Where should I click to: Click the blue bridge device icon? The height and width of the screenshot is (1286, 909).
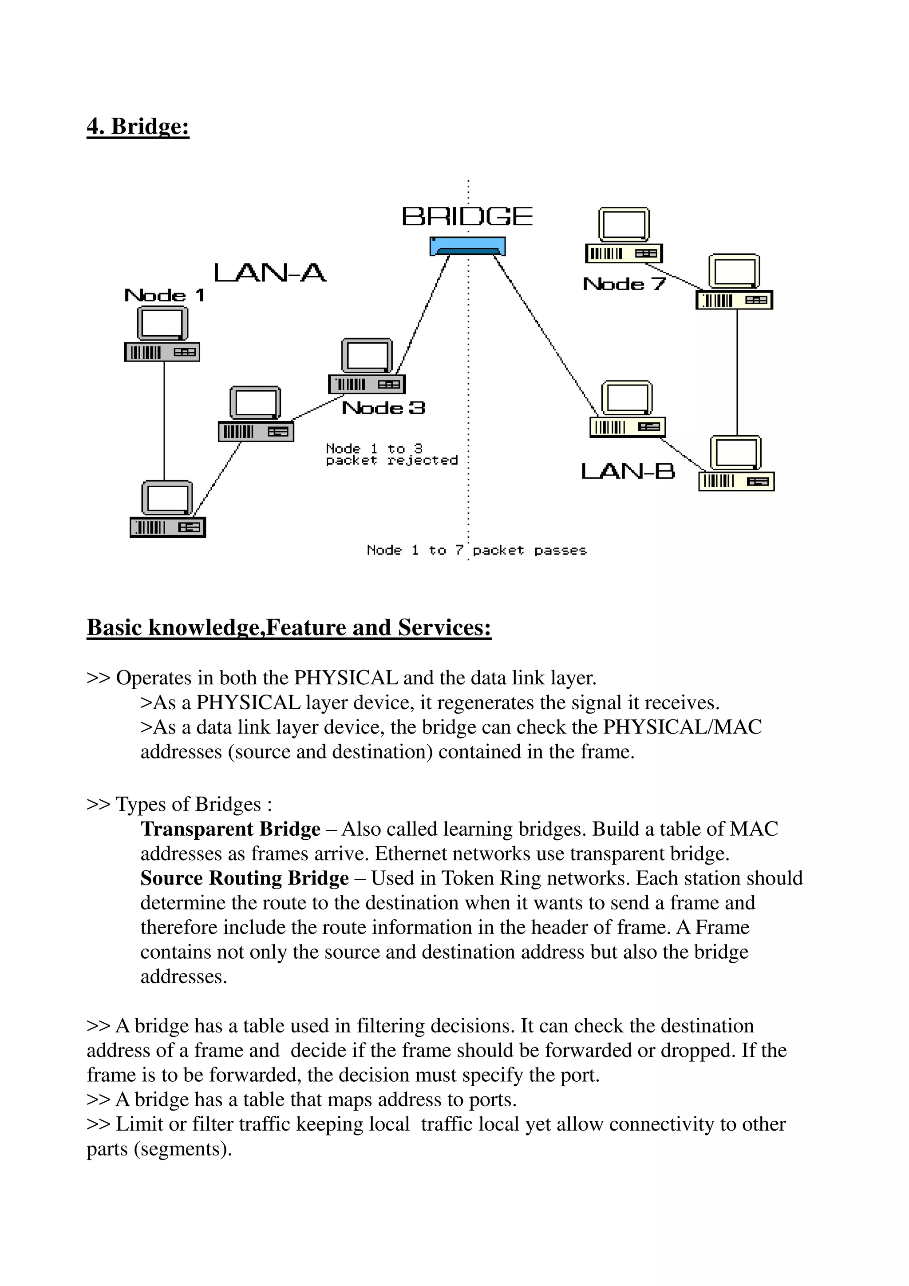click(x=467, y=246)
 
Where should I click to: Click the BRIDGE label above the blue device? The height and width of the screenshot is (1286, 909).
click(x=467, y=217)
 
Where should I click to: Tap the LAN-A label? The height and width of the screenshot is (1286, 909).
click(x=270, y=274)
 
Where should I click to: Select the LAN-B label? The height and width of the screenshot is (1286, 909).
click(x=628, y=471)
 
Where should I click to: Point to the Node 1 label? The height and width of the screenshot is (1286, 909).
click(x=164, y=295)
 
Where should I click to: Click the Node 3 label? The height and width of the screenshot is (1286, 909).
click(x=383, y=408)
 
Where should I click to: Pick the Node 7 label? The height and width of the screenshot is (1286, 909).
click(x=624, y=284)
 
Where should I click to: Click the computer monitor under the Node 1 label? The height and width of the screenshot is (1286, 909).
click(x=162, y=324)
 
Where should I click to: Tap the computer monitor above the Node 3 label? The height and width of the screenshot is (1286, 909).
click(x=367, y=355)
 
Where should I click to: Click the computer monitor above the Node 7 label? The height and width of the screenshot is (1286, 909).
click(x=624, y=224)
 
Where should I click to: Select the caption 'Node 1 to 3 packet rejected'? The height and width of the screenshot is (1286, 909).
click(x=391, y=455)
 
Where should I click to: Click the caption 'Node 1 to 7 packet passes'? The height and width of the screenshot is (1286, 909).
click(x=476, y=551)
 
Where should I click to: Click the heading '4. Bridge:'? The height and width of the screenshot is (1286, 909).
click(x=138, y=127)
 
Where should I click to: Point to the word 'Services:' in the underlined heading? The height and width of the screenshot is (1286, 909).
click(x=444, y=628)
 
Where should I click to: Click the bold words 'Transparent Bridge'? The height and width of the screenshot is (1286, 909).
click(x=230, y=829)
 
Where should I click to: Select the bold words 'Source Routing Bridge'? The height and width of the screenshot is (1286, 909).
click(x=244, y=878)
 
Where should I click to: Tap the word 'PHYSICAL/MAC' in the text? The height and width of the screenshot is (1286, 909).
click(x=682, y=727)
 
